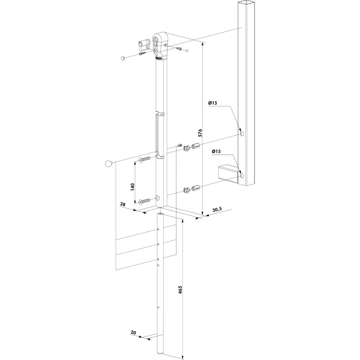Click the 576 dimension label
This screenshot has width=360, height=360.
click(200, 133)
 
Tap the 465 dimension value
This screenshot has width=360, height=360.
click(180, 290)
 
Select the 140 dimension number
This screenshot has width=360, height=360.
click(132, 187)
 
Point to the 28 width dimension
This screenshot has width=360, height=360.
click(123, 204)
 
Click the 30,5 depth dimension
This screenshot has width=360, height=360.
click(217, 210)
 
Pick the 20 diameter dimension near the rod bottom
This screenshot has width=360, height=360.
click(133, 332)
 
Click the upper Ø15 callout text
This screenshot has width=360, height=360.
click(213, 103)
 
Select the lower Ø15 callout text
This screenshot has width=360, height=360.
click(216, 151)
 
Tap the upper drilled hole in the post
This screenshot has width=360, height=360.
click(242, 133)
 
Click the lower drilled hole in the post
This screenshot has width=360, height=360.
click(242, 176)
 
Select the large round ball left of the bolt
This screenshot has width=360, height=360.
click(109, 164)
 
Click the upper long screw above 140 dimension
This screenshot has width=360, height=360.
click(144, 159)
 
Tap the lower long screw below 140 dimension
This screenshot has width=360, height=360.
click(144, 201)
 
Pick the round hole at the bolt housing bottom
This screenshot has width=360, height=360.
click(158, 198)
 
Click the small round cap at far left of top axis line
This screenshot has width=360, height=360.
click(123, 58)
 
